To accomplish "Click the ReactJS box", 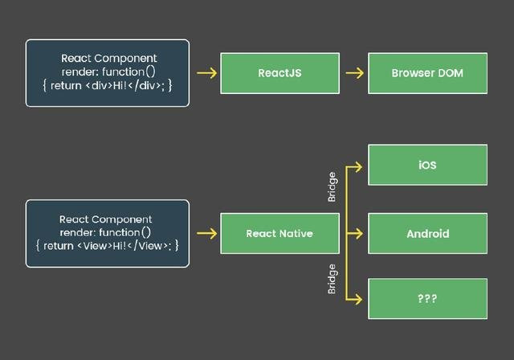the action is [280, 73].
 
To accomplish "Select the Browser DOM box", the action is [427, 73].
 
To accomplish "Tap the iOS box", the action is [427, 165].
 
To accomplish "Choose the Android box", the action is [427, 234].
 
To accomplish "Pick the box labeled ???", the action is [427, 299].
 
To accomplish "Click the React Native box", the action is [280, 234].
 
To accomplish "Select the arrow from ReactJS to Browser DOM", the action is [355, 73].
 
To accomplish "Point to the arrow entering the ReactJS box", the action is [207, 73].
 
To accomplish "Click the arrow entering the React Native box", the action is [207, 234].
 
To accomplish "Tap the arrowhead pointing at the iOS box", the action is [359, 167].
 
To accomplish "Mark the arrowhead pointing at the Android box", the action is [359, 234].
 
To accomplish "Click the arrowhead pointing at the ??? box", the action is [359, 299].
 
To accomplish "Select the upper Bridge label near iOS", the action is [332, 187].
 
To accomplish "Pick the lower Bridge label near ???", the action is [332, 279].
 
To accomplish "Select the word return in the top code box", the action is [66, 86].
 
